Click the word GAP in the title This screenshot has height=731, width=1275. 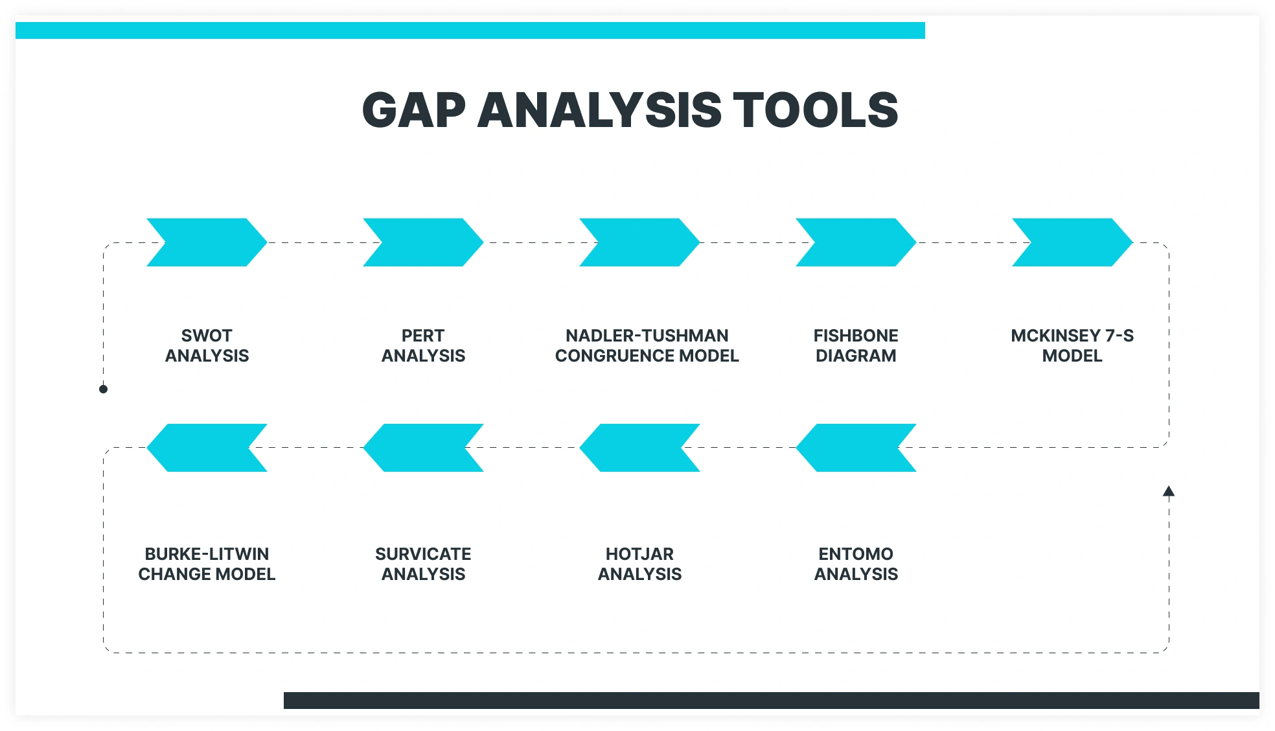pos(414,110)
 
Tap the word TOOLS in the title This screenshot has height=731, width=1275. pos(816,110)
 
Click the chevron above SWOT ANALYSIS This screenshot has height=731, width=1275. pos(207,242)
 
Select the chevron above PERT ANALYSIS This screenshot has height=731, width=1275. pos(423,242)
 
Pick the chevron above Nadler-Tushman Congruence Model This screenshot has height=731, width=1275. pos(639,242)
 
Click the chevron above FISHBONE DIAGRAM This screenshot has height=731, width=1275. pos(856,242)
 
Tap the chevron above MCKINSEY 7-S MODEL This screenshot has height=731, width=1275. pos(1072,242)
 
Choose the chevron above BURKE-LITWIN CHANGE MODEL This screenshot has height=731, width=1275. pos(207,448)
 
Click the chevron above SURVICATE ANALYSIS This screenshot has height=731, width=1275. pos(423,448)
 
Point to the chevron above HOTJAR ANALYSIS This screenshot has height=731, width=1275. pos(639,448)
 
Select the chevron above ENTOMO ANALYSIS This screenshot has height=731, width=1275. pos(856,448)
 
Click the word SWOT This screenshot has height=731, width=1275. pos(207,336)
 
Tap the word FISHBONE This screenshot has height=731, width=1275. pos(856,336)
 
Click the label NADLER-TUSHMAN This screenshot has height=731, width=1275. pos(647,336)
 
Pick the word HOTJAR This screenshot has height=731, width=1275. pos(639,554)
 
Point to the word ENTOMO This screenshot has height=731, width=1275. pos(856,554)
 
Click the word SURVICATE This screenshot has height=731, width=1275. pos(423,554)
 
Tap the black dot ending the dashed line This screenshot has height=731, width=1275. pos(103,389)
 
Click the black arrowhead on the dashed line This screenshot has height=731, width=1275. pos(1169,491)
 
